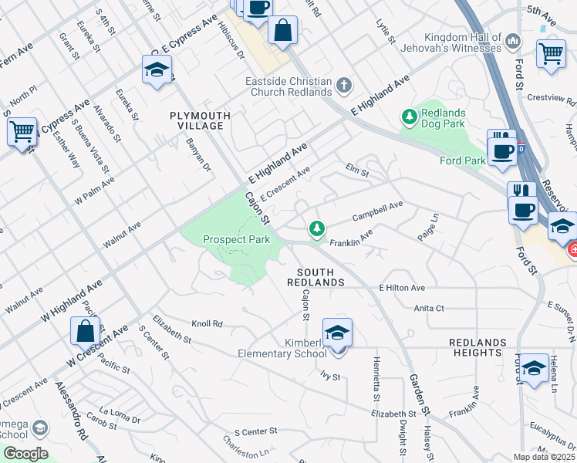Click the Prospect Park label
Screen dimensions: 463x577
point(236,239)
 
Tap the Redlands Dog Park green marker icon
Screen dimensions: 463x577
point(409,117)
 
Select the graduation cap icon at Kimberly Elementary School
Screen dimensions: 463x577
point(337,332)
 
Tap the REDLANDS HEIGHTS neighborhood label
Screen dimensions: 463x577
point(478,347)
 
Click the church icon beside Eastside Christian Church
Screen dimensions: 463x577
point(344,84)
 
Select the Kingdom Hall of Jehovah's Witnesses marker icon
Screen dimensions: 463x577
point(512,39)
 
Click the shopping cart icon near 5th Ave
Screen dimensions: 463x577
point(551,53)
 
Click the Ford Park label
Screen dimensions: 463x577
point(462,161)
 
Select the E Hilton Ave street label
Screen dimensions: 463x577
point(402,288)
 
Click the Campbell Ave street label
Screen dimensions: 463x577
point(378,211)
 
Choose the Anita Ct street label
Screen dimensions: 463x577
point(429,308)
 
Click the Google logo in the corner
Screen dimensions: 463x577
point(25,454)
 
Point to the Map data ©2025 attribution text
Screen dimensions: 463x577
point(544,457)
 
